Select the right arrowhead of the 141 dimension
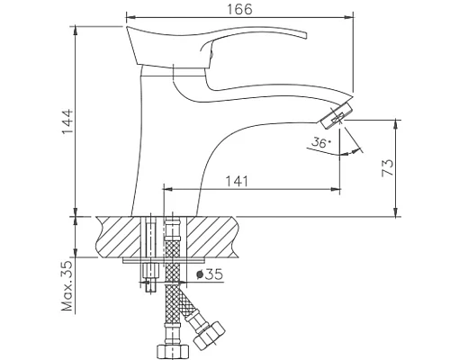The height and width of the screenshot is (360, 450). [337, 189]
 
